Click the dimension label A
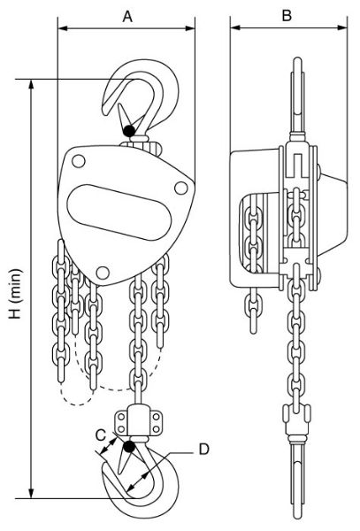pyautogui.click(x=128, y=15)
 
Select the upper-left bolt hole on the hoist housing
pyautogui.click(x=79, y=161)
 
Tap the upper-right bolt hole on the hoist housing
pyautogui.click(x=182, y=186)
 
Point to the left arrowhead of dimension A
pyautogui.click(x=62, y=28)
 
